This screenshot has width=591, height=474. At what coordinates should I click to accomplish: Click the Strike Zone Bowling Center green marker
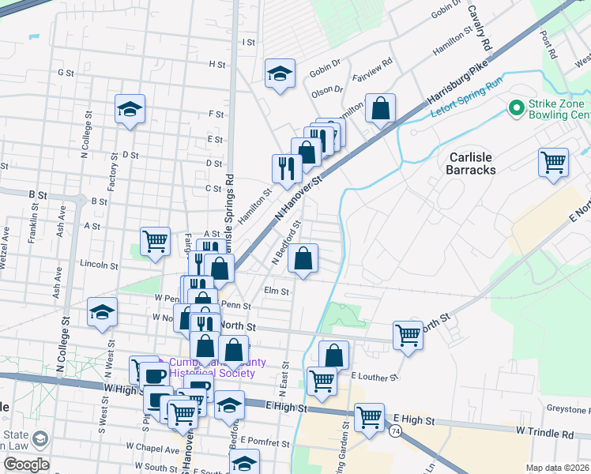coord(517,107)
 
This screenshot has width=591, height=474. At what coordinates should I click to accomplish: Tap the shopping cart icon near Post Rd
coord(554,163)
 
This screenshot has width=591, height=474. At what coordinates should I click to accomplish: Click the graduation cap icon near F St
coord(130,110)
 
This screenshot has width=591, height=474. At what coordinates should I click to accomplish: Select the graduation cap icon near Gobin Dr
coord(280,74)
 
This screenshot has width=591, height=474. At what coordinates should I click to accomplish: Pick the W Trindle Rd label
coord(545,434)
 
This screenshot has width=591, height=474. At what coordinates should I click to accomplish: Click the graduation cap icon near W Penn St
coord(103,313)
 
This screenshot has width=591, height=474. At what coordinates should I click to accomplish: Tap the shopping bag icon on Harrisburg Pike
coord(381,109)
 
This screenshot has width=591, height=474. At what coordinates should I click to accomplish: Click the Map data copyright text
coord(558,468)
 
